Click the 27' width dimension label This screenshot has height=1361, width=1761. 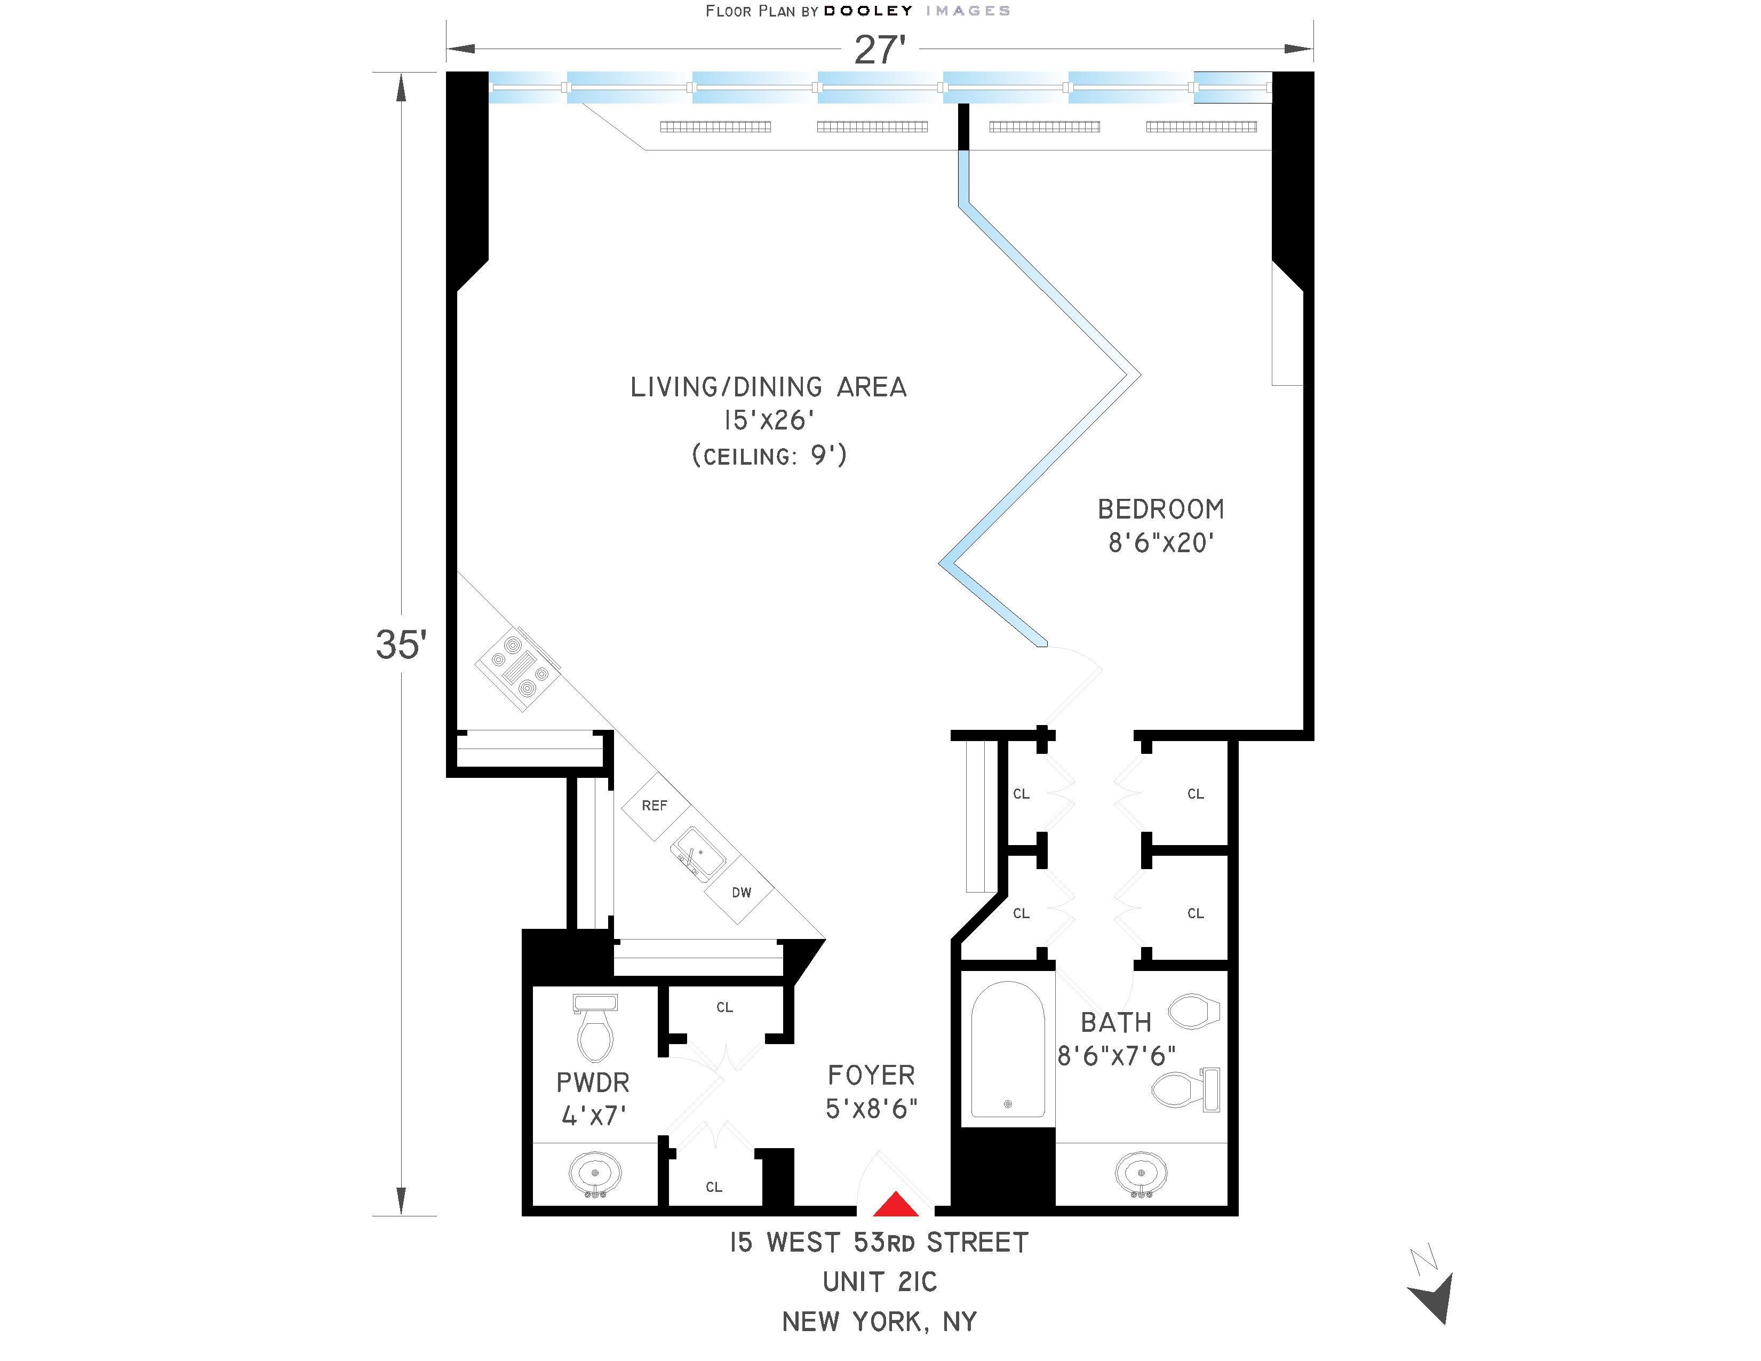pos(879,50)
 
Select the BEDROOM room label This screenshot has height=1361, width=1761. pos(1160,509)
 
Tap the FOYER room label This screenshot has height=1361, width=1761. pos(871,1075)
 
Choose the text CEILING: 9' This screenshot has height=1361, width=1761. pos(769,456)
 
